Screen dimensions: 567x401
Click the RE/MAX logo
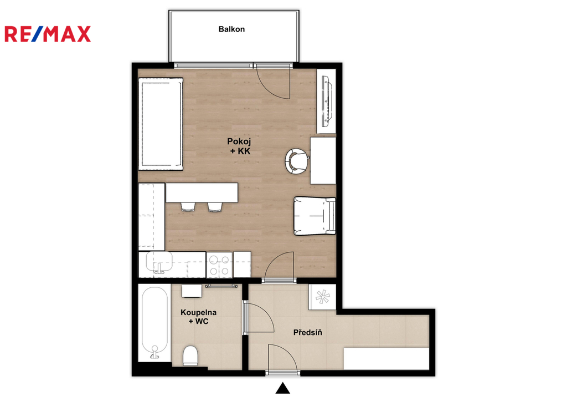[48, 34]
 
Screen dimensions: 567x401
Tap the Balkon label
[231, 29]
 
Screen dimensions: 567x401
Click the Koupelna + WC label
[199, 317]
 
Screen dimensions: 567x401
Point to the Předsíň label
[308, 332]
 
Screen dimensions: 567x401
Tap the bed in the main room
[161, 124]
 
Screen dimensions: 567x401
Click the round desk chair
[297, 161]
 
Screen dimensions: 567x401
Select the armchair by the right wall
[315, 216]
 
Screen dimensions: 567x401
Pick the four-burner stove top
[219, 265]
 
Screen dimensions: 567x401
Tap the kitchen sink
[159, 262]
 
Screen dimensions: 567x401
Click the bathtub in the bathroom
[155, 322]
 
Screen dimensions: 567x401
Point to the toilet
[190, 356]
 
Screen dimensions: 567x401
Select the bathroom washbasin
[191, 291]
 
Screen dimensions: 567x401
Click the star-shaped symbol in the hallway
[323, 297]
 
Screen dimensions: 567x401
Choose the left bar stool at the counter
[188, 207]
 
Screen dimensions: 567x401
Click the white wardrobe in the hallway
[386, 359]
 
